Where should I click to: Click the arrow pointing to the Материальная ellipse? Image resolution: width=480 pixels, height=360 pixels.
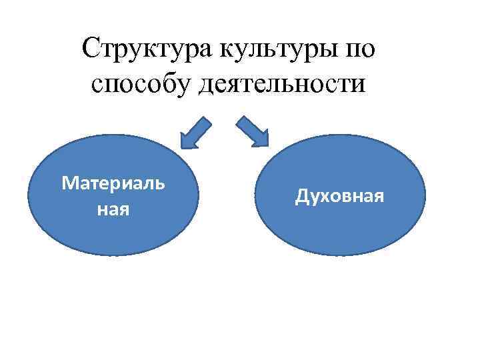coord(195,133)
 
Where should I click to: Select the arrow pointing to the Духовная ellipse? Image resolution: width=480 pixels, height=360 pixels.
coord(253,131)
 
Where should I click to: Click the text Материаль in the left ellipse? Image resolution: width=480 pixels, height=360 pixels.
coord(113,183)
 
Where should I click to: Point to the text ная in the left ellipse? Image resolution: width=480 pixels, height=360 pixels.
coord(113,209)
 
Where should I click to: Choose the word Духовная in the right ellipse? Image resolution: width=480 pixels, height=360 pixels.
coord(340,197)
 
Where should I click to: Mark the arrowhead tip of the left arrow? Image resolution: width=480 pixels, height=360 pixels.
coord(182,146)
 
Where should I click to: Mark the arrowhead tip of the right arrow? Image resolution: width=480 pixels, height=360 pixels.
coord(268,145)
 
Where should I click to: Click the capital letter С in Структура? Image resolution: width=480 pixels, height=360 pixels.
coord(89,51)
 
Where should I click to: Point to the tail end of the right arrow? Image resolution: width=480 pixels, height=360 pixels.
coord(239,119)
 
